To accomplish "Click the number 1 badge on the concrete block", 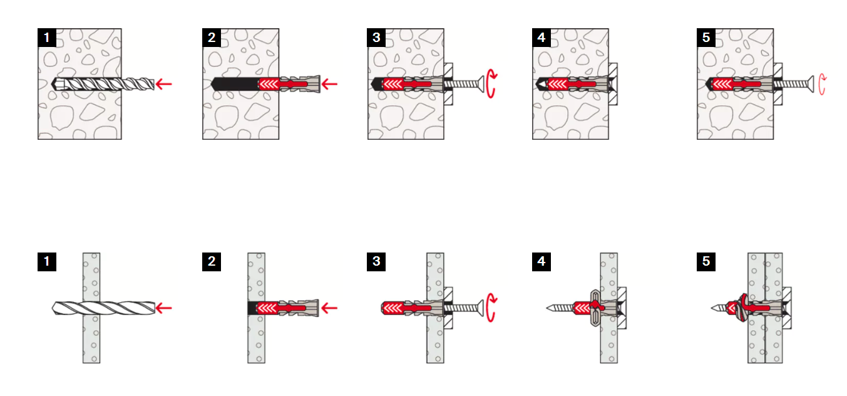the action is [47, 38].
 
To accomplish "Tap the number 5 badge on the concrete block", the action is [706, 38].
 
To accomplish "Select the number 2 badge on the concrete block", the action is [212, 38].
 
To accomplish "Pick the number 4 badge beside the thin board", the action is [541, 262].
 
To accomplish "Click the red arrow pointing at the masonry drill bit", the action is [164, 84].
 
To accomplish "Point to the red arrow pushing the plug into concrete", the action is [329, 84].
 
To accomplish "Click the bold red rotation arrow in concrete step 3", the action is [491, 84].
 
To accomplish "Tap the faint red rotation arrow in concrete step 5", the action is [822, 85].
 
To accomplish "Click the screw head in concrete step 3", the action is [481, 84].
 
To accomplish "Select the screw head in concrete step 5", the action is [811, 84].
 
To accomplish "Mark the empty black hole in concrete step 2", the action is [234, 84].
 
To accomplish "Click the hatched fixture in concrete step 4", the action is [613, 84].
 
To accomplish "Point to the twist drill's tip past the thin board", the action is [53, 308].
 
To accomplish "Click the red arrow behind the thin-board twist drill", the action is [164, 308].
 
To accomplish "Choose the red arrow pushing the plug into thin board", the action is [329, 308].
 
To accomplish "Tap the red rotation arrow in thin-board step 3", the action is [491, 308].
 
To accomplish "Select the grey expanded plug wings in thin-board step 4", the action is [595, 308].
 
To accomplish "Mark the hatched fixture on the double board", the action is [787, 308].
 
